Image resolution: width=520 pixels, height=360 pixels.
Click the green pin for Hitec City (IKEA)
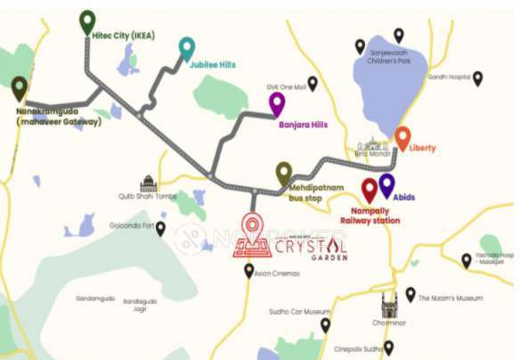tap(87, 21)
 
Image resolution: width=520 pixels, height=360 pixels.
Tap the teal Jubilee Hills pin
tap(186, 48)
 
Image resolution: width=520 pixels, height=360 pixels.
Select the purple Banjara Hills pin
tap(277, 103)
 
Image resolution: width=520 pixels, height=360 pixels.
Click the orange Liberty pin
tap(402, 138)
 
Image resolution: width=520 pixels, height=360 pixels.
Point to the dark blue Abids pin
tap(386, 185)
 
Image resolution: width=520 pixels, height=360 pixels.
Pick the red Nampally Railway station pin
tap(370, 190)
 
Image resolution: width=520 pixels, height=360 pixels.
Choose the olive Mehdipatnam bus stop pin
tap(284, 173)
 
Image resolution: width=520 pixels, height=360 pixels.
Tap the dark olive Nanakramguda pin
tap(20, 88)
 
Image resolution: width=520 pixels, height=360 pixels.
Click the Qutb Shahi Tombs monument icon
tap(148, 183)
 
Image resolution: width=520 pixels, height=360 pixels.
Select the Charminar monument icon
tap(389, 306)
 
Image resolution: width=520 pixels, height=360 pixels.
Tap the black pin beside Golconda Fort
tap(160, 229)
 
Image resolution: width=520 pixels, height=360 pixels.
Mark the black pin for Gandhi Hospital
tap(477, 78)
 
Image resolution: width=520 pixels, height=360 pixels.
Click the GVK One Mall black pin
tap(313, 83)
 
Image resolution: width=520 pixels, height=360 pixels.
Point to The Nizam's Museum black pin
tap(410, 294)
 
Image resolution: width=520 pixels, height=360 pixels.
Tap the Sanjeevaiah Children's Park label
tap(393, 58)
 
